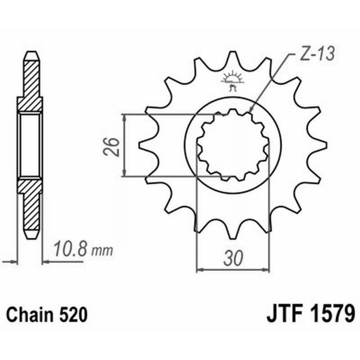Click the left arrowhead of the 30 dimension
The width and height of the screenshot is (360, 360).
click(x=199, y=270)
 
